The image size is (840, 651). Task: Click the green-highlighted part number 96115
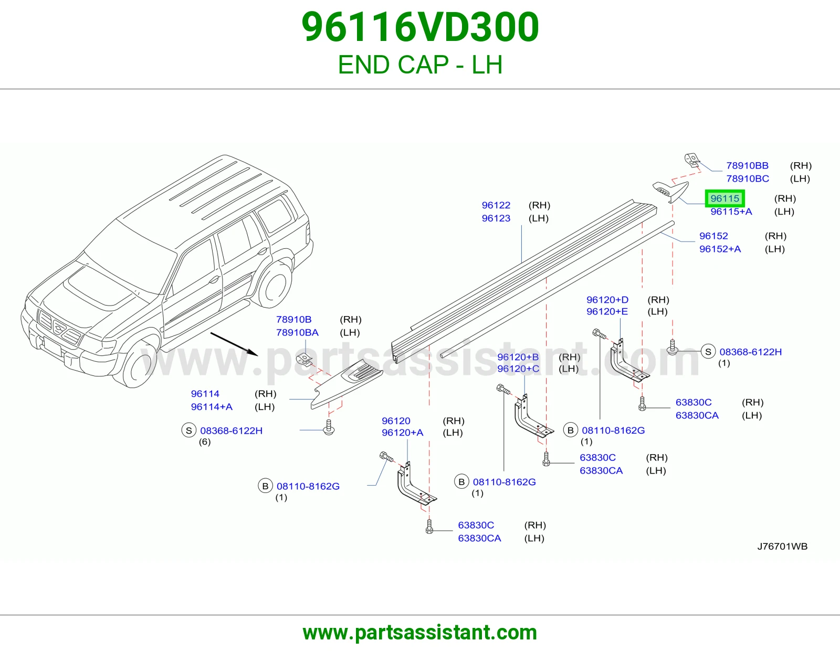coord(725,198)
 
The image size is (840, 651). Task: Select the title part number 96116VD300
coord(420,27)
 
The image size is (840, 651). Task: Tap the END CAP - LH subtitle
coord(420,65)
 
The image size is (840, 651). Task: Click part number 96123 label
coord(496,218)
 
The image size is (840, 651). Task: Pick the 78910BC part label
coord(748,178)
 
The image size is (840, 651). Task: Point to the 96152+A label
coord(720,249)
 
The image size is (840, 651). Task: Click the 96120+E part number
coord(607,311)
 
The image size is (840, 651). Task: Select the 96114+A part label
coord(212,407)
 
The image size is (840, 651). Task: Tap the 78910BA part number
coord(297,332)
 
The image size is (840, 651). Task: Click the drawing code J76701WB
coord(782,546)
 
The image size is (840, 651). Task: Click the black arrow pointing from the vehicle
coord(234,344)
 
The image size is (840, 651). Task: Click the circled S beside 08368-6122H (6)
coord(188,430)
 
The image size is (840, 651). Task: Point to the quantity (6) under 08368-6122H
coord(205,442)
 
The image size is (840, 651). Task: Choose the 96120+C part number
coord(518,369)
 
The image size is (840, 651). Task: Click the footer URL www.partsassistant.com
coord(420,633)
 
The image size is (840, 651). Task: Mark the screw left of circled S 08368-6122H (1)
coord(672,346)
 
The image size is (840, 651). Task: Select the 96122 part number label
coord(496,205)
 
